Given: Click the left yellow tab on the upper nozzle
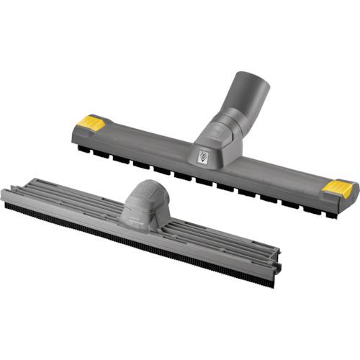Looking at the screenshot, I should coord(90,122).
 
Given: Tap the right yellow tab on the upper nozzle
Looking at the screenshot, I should coord(337,188).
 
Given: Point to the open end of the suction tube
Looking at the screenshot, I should coord(253,85).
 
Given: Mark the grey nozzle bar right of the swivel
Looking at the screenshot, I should coord(274,176).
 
